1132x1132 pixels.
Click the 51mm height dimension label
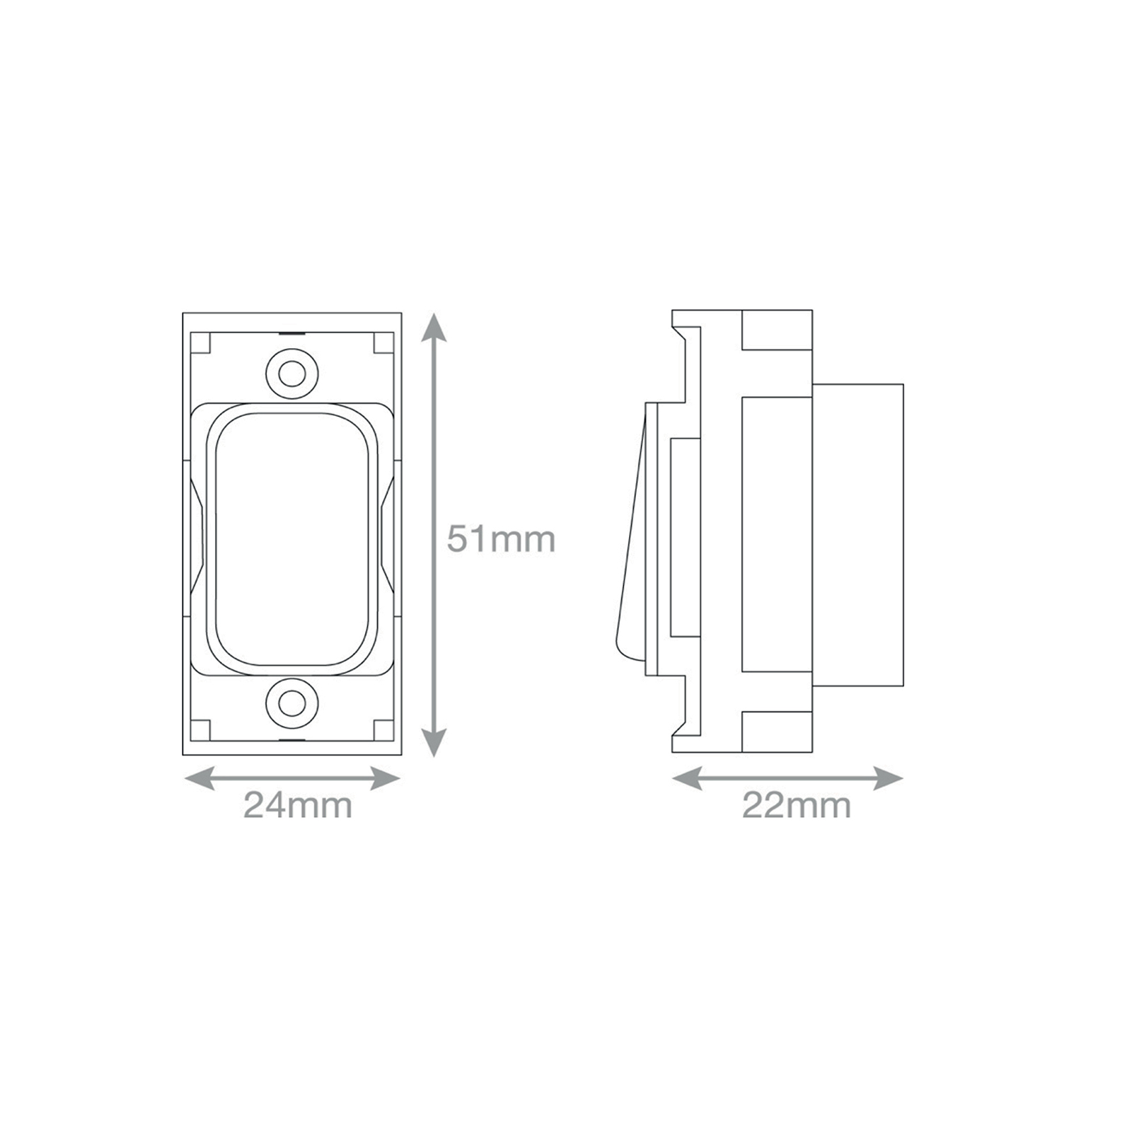coord(501,540)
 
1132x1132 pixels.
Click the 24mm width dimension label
coord(298,805)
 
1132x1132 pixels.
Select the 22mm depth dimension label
coord(797,805)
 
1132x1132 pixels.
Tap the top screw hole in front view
coord(291,374)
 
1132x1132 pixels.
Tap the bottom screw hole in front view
coord(291,702)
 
